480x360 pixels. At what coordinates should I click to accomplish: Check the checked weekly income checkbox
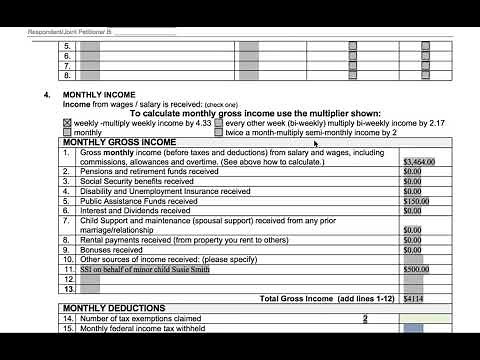coord(67,123)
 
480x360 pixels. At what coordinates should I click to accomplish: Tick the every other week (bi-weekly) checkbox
coord(219,123)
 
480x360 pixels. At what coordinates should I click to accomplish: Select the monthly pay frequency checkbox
coord(67,133)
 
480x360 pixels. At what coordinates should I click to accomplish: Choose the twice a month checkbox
coord(219,133)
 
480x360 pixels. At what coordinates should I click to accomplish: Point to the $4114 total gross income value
coord(414,298)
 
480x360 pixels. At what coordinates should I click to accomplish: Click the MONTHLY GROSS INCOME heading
coord(119,143)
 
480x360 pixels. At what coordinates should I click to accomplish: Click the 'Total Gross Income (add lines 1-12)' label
coord(324,298)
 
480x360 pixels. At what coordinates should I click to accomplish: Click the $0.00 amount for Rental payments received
coord(412,240)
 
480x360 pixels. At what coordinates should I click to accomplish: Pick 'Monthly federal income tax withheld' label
coord(149,328)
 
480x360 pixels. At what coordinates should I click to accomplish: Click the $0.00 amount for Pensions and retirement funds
coord(412,171)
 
